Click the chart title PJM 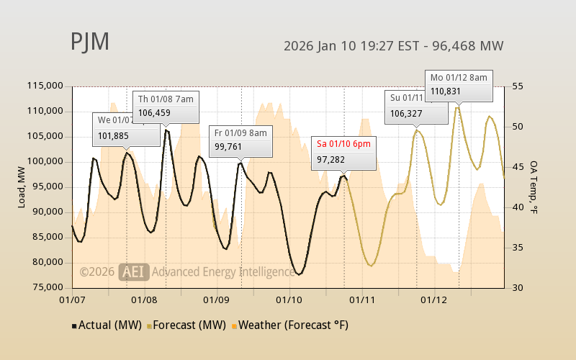point(90,42)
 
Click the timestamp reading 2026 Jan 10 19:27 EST point(350,46)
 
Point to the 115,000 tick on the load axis point(45,86)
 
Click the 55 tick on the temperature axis point(516,86)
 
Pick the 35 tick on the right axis point(516,248)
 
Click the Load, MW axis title point(22,186)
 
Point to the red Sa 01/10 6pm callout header point(343,144)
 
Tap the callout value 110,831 point(446,91)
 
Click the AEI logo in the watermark point(135,271)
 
